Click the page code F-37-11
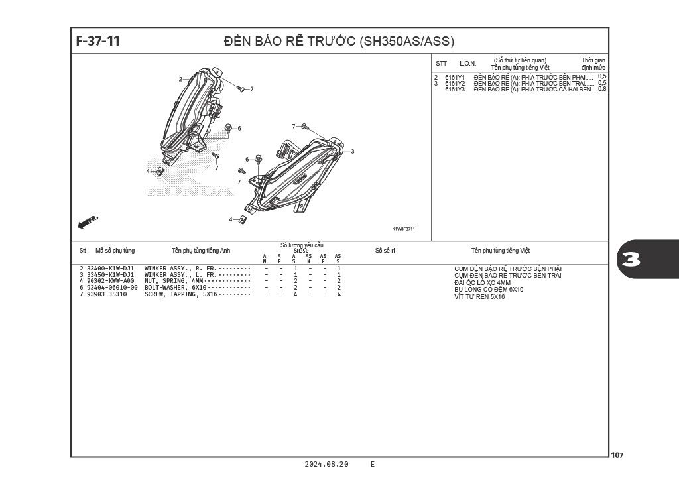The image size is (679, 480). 98,41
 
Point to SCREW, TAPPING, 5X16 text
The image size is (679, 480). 181,294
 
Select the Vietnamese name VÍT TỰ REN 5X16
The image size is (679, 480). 479,297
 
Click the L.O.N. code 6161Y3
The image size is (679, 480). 455,90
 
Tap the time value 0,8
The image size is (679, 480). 602,89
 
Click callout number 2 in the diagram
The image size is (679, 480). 180,80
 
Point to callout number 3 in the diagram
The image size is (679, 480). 352,152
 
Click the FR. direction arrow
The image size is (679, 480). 88,222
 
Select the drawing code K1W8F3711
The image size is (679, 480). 403,229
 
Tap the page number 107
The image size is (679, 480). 617,455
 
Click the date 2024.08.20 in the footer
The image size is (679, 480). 326,465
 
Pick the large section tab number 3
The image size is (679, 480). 632,259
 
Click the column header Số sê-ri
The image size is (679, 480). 385,251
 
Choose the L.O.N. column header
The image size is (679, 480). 468,64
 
